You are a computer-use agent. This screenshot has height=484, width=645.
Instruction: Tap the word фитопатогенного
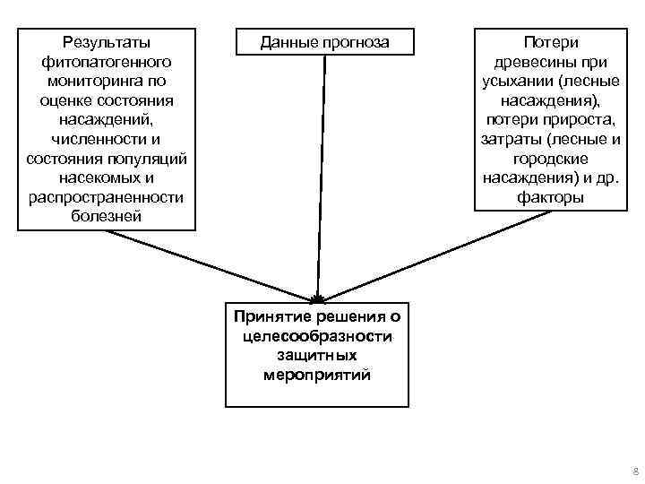107,61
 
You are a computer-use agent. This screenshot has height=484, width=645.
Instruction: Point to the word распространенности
107,197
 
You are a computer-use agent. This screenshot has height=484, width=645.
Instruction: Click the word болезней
107,217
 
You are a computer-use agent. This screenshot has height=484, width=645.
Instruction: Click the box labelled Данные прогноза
324,41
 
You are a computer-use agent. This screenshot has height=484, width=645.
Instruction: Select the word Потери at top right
550,41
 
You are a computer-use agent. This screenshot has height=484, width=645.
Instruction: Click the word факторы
550,197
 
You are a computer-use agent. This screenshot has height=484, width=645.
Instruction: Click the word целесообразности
317,336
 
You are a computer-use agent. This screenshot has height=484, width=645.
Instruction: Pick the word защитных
317,356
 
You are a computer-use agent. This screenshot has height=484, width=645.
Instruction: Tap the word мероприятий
317,376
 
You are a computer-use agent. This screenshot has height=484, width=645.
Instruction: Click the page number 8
634,471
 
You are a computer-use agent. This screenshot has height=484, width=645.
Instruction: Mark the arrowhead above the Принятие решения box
318,298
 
